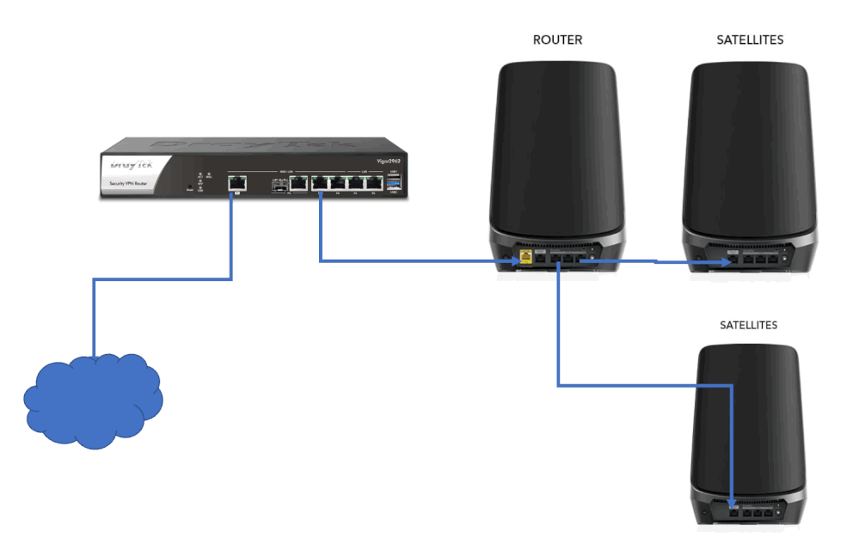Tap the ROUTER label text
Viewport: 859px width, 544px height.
coord(557,40)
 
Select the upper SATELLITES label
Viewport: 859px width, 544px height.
coord(750,40)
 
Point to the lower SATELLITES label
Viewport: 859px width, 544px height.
coord(748,325)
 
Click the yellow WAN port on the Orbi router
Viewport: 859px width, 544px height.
coord(524,257)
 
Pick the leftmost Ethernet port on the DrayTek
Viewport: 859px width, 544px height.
coord(236,182)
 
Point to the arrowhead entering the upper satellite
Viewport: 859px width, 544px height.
coord(727,260)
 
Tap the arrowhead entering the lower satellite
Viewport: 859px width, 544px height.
coord(731,504)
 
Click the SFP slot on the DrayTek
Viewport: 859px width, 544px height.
coord(279,183)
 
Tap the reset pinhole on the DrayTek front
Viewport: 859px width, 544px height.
coord(189,186)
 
